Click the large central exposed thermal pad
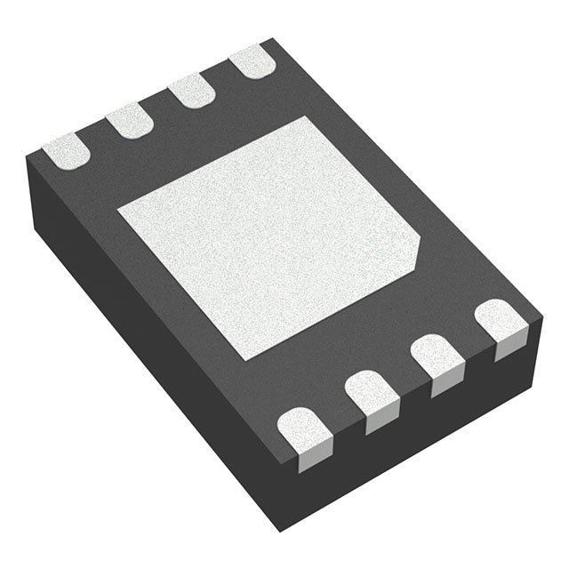tap(267, 236)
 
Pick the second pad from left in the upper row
tap(129, 120)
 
